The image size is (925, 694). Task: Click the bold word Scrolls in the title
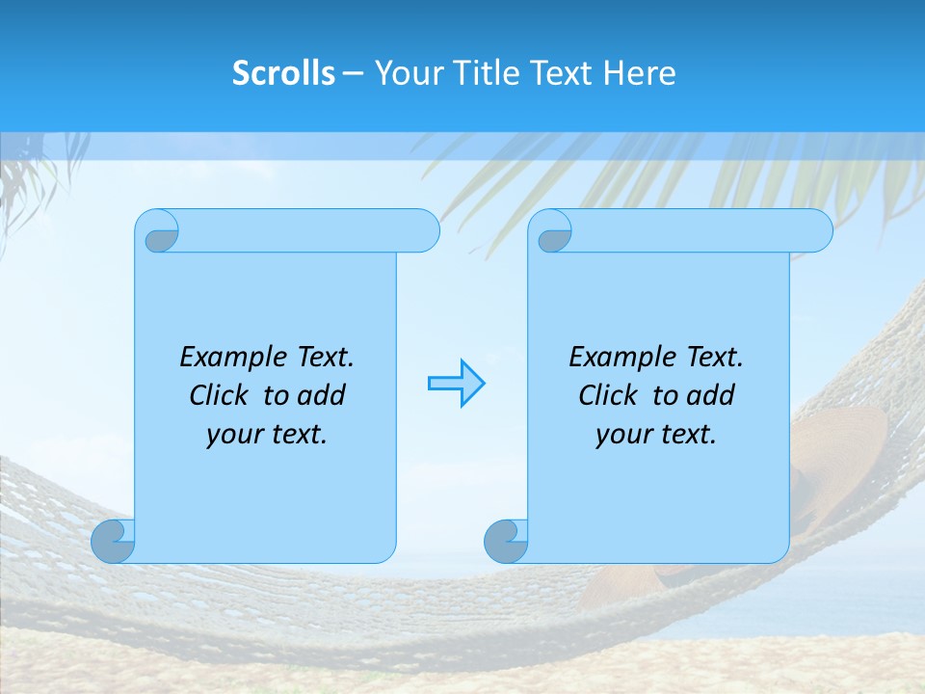283,73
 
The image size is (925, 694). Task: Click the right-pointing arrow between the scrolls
457,384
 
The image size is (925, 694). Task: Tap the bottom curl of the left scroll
113,542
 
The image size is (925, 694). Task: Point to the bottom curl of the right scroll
505,542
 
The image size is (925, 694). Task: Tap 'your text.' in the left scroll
267,434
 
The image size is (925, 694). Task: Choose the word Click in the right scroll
608,395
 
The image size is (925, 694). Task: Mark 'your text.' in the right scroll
656,434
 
